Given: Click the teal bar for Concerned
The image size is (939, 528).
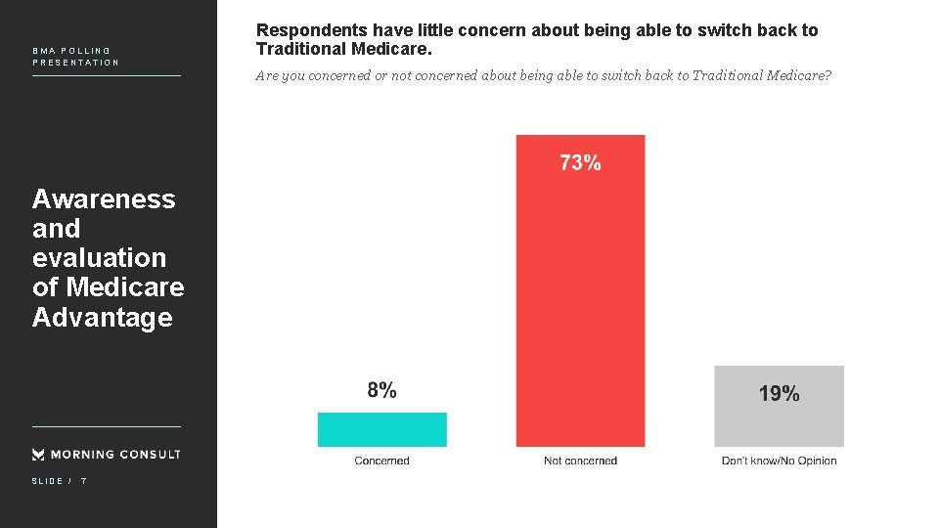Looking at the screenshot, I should point(381,429).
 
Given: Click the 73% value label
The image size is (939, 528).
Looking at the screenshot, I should point(580,163).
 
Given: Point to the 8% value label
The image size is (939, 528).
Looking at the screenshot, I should point(381,390).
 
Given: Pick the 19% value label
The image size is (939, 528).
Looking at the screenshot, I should point(779,394).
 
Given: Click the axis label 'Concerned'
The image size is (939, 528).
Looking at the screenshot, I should point(381,461).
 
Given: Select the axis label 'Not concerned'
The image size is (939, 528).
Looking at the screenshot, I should point(580,461).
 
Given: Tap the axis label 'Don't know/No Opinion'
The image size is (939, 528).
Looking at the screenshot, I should point(779,461).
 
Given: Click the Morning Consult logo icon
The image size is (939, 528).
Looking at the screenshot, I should point(38,454).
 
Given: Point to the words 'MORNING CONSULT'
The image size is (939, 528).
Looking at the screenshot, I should point(115,454).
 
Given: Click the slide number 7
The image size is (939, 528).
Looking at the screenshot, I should point(83,481).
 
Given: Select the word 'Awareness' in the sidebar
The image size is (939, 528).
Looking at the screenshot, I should point(104,199).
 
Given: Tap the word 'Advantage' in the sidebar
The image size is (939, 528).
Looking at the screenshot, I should point(102,318).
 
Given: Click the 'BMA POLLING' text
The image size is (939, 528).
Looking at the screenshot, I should point(71,51).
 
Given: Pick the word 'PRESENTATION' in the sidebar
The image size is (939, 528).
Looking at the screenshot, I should point(75,63).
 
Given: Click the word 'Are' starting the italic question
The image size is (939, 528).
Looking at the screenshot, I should point(267,76).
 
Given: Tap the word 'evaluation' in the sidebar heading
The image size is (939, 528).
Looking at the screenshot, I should point(99,258).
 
